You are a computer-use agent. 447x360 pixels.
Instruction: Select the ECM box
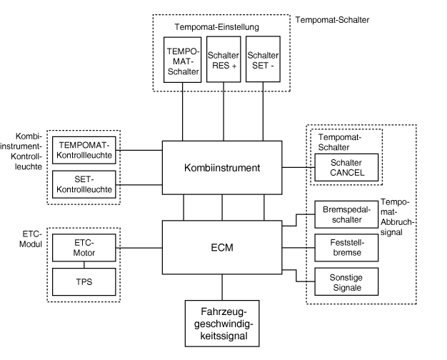coord(223,248)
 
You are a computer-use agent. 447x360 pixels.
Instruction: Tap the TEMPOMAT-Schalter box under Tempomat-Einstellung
coord(183,63)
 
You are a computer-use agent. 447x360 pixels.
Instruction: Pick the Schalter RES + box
coord(223,63)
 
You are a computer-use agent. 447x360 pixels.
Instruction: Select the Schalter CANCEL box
coord(346,169)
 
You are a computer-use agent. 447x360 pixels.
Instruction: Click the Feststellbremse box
coord(346,248)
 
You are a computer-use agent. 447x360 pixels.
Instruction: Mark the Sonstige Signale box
coord(346,282)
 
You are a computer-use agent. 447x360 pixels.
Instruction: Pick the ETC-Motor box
coord(84,247)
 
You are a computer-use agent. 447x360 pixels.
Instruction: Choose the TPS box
coord(84,282)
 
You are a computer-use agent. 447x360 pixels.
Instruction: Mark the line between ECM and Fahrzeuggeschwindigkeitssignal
coord(223,287)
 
